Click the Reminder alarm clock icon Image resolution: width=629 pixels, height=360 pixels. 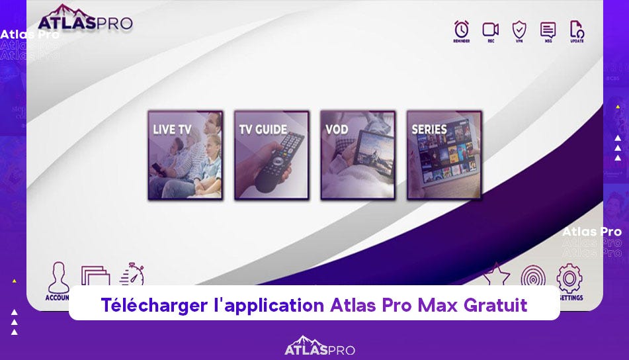[x=461, y=29]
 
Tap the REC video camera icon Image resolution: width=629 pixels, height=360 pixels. [x=490, y=29]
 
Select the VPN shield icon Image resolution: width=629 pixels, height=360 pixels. [x=519, y=29]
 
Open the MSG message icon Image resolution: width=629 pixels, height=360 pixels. [x=548, y=29]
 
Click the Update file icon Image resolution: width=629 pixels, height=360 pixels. [x=577, y=29]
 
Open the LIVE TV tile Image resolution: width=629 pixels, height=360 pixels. [x=185, y=155]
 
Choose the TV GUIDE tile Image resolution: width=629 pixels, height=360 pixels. [x=271, y=155]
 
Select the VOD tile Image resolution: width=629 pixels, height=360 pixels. [x=358, y=155]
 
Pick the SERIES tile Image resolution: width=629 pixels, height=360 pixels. [x=444, y=155]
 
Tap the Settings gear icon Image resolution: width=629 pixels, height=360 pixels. [x=569, y=278]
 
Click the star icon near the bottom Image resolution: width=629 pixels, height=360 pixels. [x=496, y=275]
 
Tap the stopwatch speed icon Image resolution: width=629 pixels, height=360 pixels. [x=132, y=274]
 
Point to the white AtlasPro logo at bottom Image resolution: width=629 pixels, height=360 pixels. [x=319, y=347]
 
